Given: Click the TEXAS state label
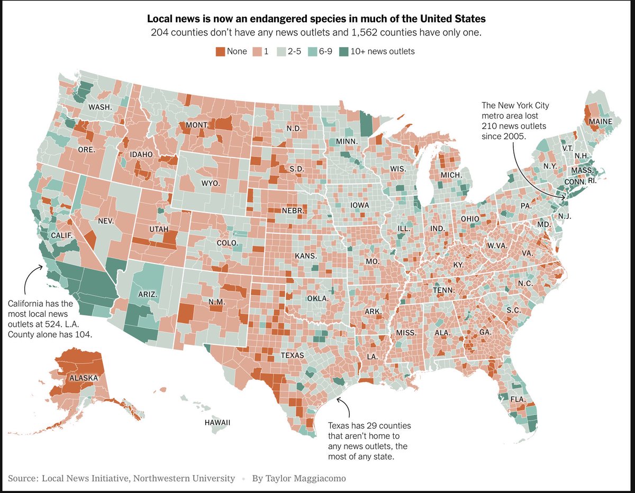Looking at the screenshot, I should point(292,355).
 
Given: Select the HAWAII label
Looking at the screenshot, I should point(217,423).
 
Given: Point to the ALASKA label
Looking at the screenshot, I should point(84,378).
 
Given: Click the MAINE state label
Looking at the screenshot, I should point(601,122).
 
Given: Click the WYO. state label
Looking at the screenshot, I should point(210,184).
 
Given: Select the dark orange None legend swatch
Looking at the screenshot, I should point(220,51).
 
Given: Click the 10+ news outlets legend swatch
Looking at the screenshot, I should point(344,51).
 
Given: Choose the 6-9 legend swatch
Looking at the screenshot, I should point(312,51).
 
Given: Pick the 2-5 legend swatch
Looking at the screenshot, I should point(281,51).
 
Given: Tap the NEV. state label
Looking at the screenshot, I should point(106,221).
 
